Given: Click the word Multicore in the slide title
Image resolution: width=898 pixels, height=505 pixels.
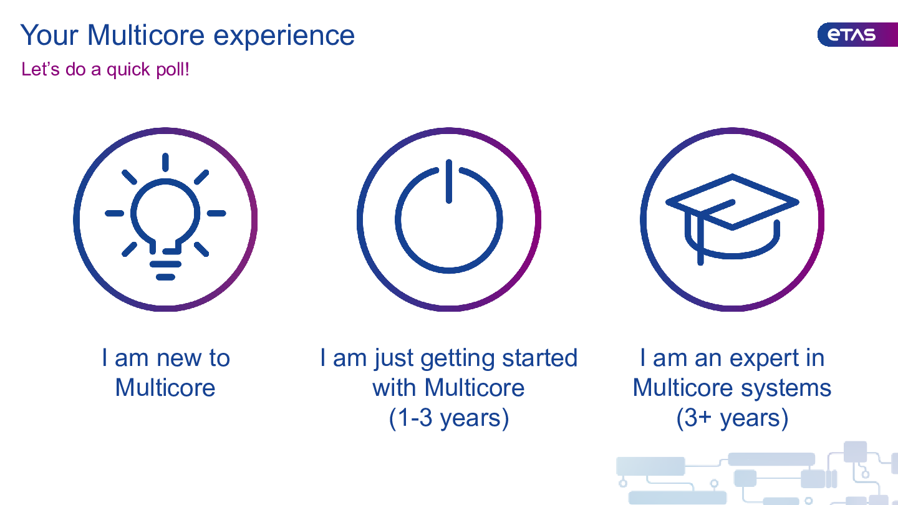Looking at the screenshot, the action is coord(146,36).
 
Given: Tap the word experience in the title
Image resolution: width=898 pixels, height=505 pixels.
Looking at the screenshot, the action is coord(284,37).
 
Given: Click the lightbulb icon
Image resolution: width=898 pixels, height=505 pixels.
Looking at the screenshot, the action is coord(165,216).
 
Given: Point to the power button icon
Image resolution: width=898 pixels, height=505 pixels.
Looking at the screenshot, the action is coord(449,216).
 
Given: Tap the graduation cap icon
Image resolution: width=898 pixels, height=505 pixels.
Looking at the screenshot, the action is coord(732,219).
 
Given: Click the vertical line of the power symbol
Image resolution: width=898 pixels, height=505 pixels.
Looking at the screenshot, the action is coord(449,181).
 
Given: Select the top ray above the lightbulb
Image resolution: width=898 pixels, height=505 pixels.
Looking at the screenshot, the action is coord(165,162).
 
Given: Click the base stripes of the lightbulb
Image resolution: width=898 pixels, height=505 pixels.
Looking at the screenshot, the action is coord(165,271).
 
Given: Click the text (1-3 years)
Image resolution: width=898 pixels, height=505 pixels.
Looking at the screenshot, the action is coord(449,418).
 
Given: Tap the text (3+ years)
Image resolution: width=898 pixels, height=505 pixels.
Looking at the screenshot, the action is coord(732,418).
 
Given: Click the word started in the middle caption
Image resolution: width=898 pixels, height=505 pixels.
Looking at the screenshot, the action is coord(539,357).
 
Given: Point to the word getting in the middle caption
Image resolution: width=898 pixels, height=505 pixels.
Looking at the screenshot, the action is coord(457,359).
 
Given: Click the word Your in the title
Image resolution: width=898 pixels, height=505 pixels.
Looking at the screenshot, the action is coord(49,36).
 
